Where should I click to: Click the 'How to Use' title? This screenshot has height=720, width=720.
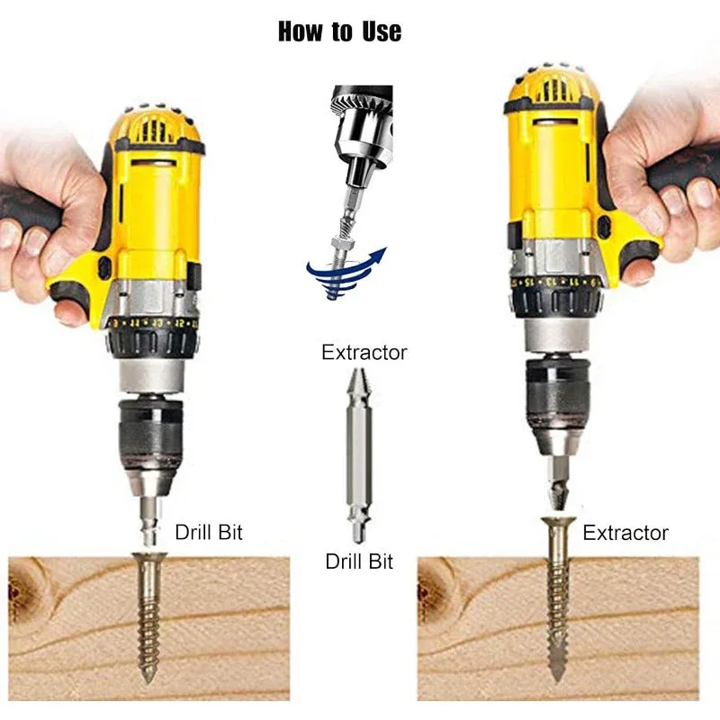(340, 31)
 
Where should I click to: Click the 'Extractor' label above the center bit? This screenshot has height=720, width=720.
(364, 353)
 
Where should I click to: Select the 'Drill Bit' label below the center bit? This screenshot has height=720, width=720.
(359, 562)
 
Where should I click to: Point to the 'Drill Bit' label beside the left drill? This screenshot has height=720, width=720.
(209, 532)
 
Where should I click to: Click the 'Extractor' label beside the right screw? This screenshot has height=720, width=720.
(625, 533)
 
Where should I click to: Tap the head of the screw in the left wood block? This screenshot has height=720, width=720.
(149, 557)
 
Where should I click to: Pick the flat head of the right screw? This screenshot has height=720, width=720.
(558, 522)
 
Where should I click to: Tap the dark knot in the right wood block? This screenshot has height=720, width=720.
(433, 584)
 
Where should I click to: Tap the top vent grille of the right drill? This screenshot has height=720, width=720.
(554, 88)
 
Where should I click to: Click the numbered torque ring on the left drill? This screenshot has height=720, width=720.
(154, 323)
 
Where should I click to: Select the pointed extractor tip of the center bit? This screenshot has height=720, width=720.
(359, 381)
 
